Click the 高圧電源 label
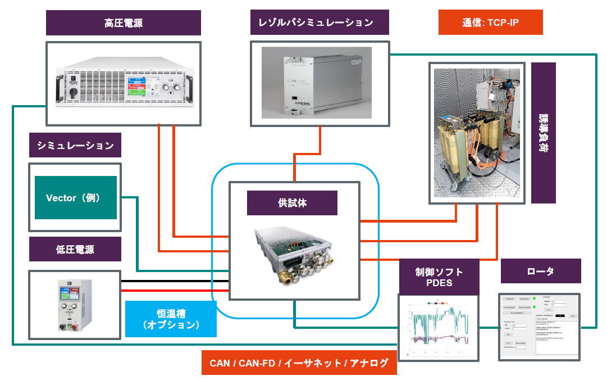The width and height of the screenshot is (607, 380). coord(124,23)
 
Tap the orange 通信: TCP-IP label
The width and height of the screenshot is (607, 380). coord(490,23)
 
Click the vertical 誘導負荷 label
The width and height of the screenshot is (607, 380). coord(543,133)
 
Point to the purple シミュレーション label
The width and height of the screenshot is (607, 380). coord(75,146)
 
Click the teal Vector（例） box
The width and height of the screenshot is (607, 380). coord(75,198)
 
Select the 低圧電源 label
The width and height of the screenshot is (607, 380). coord(75,249)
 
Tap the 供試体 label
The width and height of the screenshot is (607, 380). coord(292,203)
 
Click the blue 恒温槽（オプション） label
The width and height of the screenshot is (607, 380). coord(170,319)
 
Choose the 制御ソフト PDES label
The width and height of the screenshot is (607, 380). coord(439,277)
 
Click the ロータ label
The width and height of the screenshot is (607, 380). coord(540,271)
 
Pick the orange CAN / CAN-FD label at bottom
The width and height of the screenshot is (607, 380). coord(299,363)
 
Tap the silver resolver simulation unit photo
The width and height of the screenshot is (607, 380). coord(316,83)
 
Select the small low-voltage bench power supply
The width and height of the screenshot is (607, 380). coord(74,305)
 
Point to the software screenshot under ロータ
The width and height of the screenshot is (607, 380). coord(539,327)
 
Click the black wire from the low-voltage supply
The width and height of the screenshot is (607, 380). coord(174,281)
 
